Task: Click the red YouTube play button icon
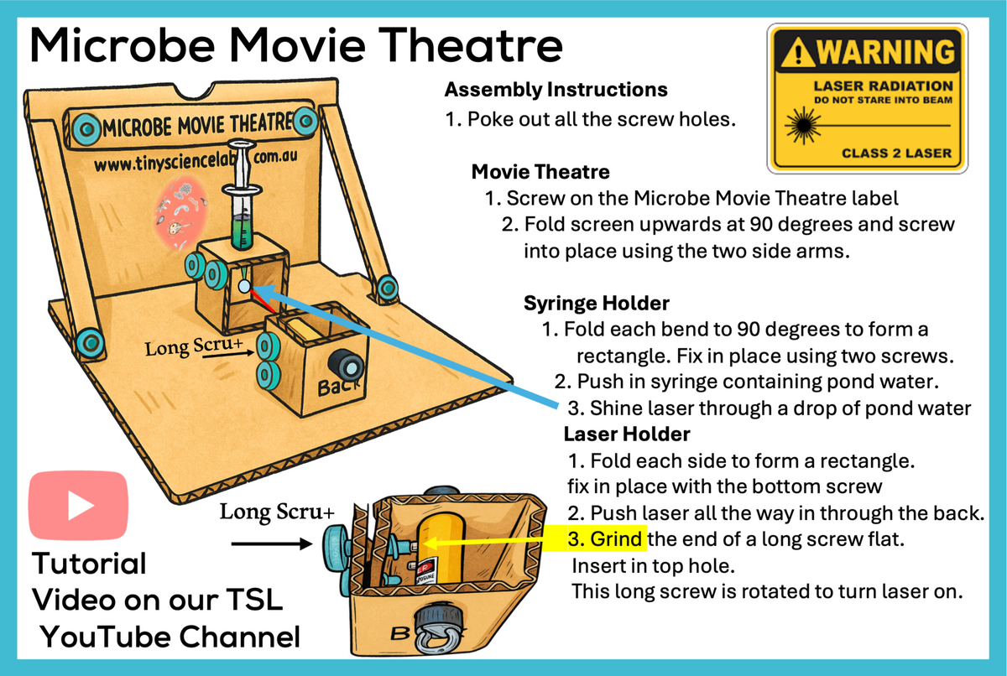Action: coord(79,504)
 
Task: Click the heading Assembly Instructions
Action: coord(556,89)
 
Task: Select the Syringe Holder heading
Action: coord(596,302)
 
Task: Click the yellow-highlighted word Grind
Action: coord(617,538)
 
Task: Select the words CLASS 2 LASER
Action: coord(896,153)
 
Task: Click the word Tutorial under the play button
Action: coord(89,562)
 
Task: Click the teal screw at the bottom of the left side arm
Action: coord(86,341)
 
